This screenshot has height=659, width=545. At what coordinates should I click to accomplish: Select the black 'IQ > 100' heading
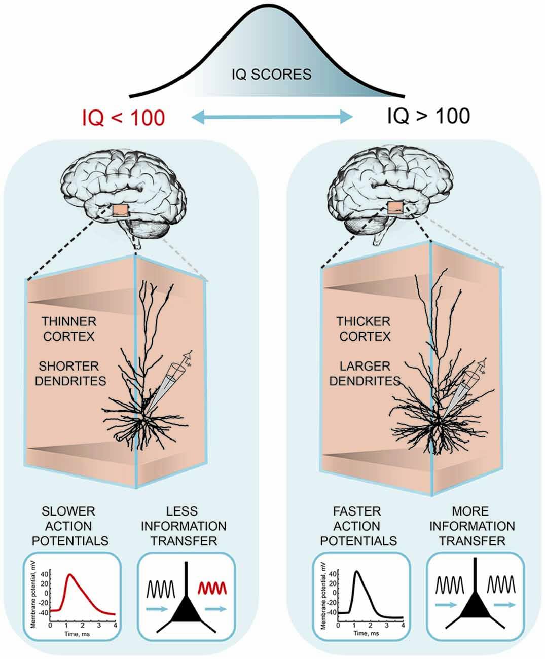point(428,116)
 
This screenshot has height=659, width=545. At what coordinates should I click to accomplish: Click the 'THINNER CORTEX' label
point(69,328)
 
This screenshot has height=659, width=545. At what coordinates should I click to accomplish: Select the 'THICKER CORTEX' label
point(365,328)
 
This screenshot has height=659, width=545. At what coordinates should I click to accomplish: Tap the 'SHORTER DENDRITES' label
point(70,373)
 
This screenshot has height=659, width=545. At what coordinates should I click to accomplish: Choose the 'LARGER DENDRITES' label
point(365,373)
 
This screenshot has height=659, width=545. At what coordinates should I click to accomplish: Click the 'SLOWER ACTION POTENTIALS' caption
point(70,526)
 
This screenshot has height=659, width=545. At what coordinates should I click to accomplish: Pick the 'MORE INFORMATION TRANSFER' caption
point(472,526)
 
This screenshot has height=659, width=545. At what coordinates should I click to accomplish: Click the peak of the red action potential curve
point(70,574)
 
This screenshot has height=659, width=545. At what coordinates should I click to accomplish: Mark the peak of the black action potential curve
point(358,571)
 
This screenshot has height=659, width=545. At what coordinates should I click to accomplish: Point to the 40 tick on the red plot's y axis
point(45,574)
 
